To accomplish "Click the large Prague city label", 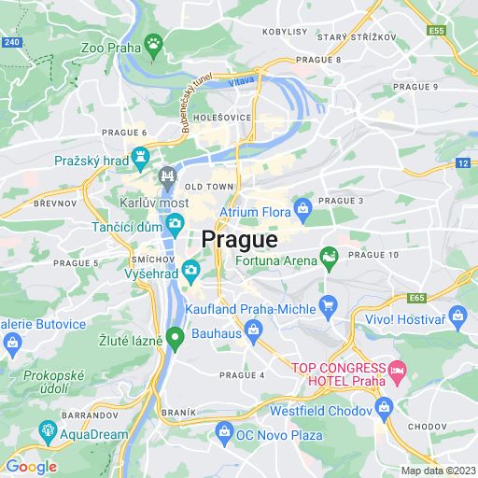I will [x=239, y=240].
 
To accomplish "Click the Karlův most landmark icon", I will [x=168, y=175].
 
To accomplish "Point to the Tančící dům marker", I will [x=175, y=223].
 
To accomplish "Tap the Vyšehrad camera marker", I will [x=190, y=272].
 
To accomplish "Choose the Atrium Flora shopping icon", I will [x=302, y=206].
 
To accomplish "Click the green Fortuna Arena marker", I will [x=329, y=255].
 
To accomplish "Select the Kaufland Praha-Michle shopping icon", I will [x=328, y=304].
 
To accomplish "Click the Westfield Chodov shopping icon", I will [x=383, y=407].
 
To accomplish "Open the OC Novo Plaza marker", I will [x=223, y=432].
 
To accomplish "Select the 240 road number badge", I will [x=11, y=42].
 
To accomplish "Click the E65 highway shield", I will [x=415, y=299].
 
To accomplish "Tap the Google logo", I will [x=31, y=467].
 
